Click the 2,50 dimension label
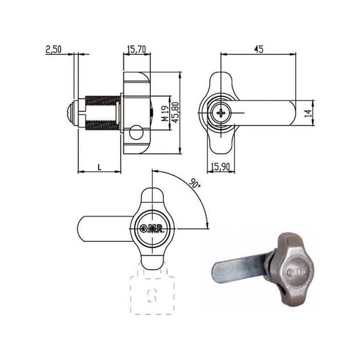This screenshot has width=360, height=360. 53,49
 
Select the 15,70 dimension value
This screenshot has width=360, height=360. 136,49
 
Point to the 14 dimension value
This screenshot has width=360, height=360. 308,112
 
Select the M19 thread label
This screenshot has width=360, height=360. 163,113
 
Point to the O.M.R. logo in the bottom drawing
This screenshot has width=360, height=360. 152,229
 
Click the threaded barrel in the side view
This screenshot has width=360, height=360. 103,113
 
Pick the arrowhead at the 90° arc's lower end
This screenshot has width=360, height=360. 207,226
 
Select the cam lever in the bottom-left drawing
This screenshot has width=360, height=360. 103,229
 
